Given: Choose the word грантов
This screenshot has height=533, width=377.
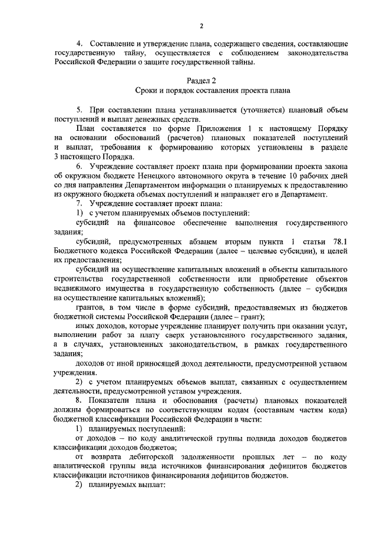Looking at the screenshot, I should [91, 308].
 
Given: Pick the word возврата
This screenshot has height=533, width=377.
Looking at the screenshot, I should [108, 459].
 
